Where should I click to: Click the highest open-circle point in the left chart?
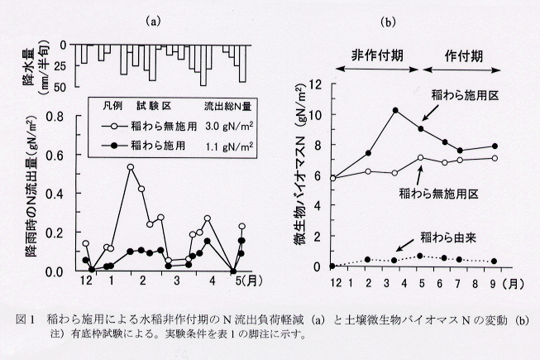click(x=131, y=167)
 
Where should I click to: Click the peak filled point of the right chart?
click(x=395, y=110)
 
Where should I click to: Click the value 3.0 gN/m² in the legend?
click(x=229, y=127)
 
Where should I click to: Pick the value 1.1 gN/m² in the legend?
click(x=229, y=146)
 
